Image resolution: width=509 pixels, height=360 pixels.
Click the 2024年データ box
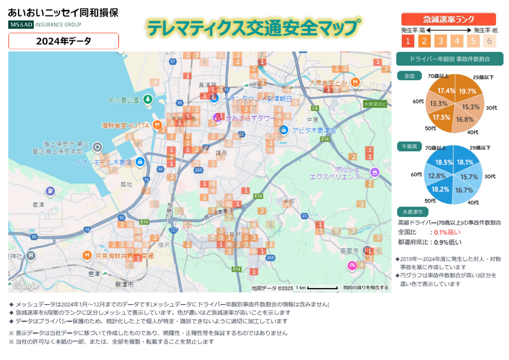coord(63,41)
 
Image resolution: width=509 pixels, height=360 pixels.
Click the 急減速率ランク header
coord(448,19)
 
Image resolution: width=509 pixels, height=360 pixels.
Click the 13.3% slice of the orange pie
coord(438,103)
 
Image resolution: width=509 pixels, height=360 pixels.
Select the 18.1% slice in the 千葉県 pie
coord(465,162)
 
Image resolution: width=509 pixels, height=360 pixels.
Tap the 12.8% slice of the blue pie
coord(437,175)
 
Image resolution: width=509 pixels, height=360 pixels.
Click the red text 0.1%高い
coord(447,232)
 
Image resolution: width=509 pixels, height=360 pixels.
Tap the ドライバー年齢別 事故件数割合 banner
coord(449,58)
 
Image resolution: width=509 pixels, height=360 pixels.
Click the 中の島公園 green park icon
coord(147,99)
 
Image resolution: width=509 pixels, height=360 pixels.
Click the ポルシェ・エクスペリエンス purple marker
coord(374,172)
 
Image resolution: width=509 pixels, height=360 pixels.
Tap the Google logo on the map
coord(25,286)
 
